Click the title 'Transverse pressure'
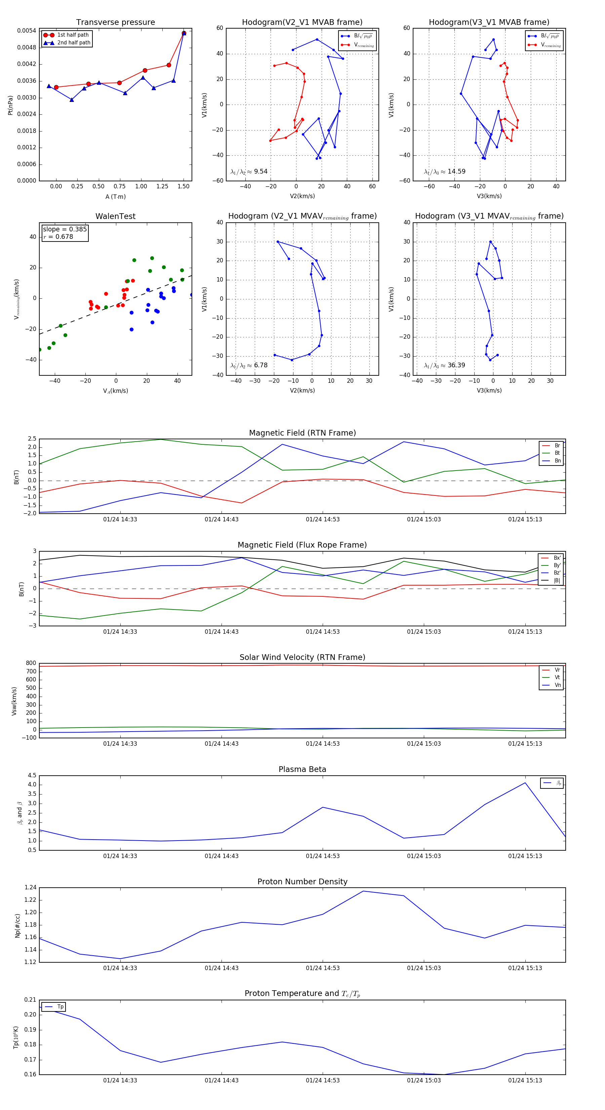tap(115, 23)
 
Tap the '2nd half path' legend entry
tap(74, 43)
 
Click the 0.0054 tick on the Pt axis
tap(26, 31)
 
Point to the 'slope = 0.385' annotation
tap(65, 229)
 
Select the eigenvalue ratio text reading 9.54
tap(249, 172)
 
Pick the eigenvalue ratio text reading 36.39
tap(444, 365)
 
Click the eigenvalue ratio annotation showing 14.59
tap(444, 172)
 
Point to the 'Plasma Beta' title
tap(302, 770)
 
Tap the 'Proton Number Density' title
tap(302, 882)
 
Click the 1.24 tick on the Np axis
tap(30, 888)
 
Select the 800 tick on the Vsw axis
tap(31, 663)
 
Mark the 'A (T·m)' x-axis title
tap(115, 196)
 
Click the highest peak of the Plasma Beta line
tap(525, 783)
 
